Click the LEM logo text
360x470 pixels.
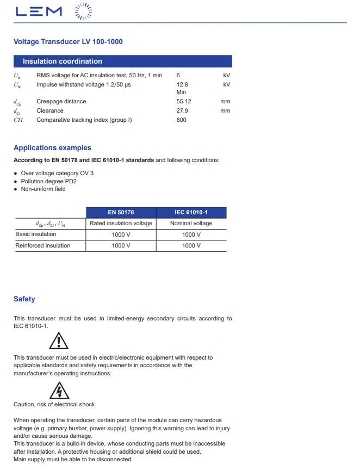39,11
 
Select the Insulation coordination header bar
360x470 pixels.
122,61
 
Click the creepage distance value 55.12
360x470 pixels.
184,101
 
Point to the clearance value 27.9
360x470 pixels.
182,110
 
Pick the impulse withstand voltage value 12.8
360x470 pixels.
182,84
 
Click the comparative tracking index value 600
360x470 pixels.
182,120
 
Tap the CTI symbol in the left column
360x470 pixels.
18,120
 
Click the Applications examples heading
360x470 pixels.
52,147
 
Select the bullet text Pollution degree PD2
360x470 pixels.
48,181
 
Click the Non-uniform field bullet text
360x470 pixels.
43,189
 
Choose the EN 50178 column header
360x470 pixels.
121,212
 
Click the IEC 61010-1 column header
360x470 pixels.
191,212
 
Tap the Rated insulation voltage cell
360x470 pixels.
121,223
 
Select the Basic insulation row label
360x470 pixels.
36,234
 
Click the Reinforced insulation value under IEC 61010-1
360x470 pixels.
191,245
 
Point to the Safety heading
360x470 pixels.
24,299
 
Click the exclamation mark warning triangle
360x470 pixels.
58,341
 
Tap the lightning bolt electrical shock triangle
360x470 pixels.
59,390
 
